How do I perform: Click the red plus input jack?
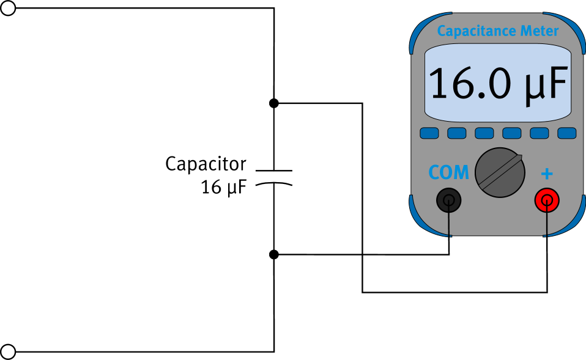[547, 199]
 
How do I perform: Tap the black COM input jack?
[449, 199]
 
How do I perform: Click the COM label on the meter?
[448, 173]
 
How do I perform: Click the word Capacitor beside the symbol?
[206, 164]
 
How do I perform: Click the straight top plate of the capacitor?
[273, 169]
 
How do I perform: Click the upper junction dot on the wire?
[274, 103]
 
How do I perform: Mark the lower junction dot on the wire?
[274, 254]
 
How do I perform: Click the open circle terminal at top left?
[8, 8]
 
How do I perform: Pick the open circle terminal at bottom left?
[8, 351]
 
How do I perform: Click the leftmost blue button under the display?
[429, 133]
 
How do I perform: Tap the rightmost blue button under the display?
[567, 133]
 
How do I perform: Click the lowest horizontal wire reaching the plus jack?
[453, 292]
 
